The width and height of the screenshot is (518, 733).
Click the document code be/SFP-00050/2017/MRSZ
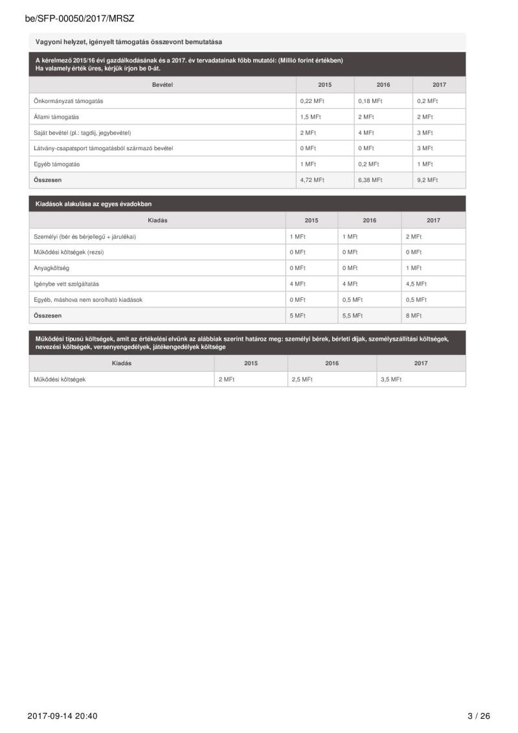pyautogui.click(x=80, y=19)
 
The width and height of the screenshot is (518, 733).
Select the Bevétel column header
pyautogui.click(x=162, y=85)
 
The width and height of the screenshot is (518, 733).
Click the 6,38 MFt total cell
pyautogui.click(x=370, y=180)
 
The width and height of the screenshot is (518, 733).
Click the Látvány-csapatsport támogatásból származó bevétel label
pyautogui.click(x=103, y=148)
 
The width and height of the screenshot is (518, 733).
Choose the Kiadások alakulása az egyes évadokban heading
pyautogui.click(x=93, y=204)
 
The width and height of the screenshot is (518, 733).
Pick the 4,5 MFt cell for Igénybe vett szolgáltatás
pyautogui.click(x=416, y=284)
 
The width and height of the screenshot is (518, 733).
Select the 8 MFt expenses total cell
pyautogui.click(x=414, y=315)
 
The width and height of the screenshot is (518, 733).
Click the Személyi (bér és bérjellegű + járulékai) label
pyautogui.click(x=84, y=236)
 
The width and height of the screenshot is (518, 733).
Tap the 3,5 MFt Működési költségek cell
pyautogui.click(x=391, y=379)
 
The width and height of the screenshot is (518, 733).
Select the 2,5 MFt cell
pyautogui.click(x=302, y=379)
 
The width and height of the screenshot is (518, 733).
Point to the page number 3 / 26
pyautogui.click(x=479, y=716)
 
